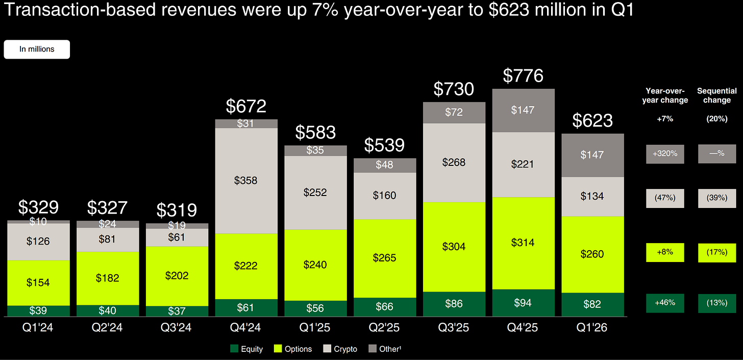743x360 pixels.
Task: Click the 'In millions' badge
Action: [37, 50]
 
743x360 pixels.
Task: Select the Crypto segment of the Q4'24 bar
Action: [246, 181]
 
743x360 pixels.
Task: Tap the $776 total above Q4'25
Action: [523, 76]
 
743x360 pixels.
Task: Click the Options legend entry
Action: [293, 349]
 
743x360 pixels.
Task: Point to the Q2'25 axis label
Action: [384, 327]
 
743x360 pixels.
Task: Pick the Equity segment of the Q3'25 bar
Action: [454, 304]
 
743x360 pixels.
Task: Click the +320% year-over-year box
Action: [665, 154]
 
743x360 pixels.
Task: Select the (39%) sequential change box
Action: [717, 198]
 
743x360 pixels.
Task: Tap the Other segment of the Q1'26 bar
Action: [593, 155]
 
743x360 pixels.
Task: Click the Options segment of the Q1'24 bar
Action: [38, 283]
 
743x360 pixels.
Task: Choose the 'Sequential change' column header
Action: [717, 95]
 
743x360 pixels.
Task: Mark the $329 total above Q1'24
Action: [38, 207]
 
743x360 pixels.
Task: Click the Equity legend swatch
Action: [234, 348]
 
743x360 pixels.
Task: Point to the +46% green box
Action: [665, 303]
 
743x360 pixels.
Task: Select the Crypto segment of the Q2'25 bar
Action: [385, 196]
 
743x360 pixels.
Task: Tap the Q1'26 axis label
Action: [592, 327]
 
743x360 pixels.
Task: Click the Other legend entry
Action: [385, 349]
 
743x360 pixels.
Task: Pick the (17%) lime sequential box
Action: [717, 252]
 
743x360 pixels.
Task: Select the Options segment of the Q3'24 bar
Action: [177, 276]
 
